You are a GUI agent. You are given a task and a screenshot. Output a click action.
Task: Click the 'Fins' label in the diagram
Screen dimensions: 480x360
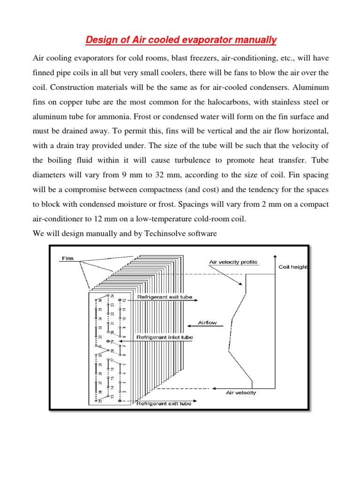[x=67, y=258]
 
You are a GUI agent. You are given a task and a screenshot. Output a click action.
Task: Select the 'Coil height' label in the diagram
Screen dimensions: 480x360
[x=293, y=267]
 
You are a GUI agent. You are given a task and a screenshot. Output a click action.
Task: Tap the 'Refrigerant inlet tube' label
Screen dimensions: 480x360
[x=164, y=337]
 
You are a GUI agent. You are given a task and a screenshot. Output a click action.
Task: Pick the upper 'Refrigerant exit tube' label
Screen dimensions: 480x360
[x=164, y=297]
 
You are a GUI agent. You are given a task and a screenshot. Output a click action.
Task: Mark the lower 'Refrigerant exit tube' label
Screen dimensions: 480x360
[x=164, y=403]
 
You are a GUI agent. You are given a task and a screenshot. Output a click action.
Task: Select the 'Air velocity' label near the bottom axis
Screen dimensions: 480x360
[x=241, y=393]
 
